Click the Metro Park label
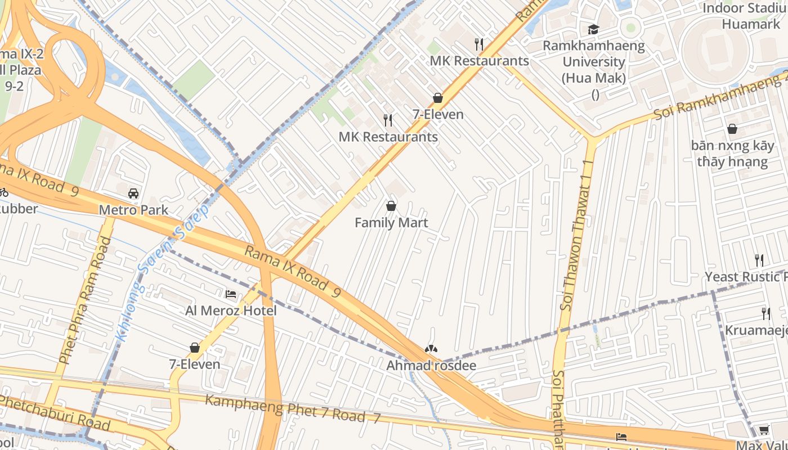(x=133, y=210)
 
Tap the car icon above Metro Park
(x=133, y=193)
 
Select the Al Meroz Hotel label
(x=231, y=310)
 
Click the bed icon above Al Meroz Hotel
(x=231, y=294)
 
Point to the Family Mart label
(x=391, y=223)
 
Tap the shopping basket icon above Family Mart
(x=391, y=206)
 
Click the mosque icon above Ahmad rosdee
(x=431, y=349)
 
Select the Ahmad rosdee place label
(x=431, y=366)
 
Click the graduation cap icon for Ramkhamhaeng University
(x=593, y=29)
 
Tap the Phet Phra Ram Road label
(x=84, y=300)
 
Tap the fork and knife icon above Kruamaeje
(x=765, y=313)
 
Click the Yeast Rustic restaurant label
(x=746, y=277)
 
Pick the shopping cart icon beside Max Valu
(x=764, y=430)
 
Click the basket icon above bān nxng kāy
(x=732, y=129)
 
